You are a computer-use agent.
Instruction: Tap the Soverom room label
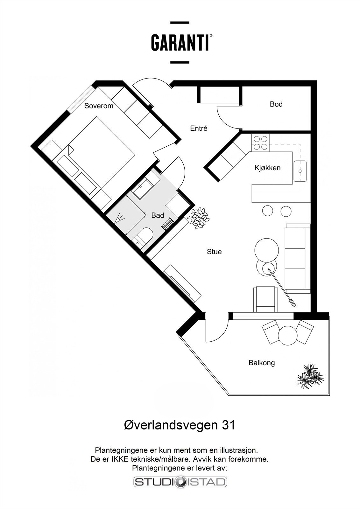pyautogui.click(x=99, y=106)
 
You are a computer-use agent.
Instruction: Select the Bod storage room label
pyautogui.click(x=276, y=104)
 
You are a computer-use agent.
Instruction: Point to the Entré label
pyautogui.click(x=199, y=129)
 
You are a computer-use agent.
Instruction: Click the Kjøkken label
pyautogui.click(x=267, y=168)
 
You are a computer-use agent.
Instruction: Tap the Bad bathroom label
pyautogui.click(x=158, y=215)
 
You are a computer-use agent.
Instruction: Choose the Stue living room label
pyautogui.click(x=214, y=252)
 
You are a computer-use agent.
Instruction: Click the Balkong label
pyautogui.click(x=262, y=363)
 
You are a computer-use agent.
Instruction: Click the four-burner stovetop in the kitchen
pyautogui.click(x=260, y=143)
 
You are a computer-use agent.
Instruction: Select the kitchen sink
pyautogui.click(x=300, y=171)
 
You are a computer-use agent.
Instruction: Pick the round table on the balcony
pyautogui.click(x=288, y=335)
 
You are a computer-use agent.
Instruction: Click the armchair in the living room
pyautogui.click(x=265, y=299)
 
